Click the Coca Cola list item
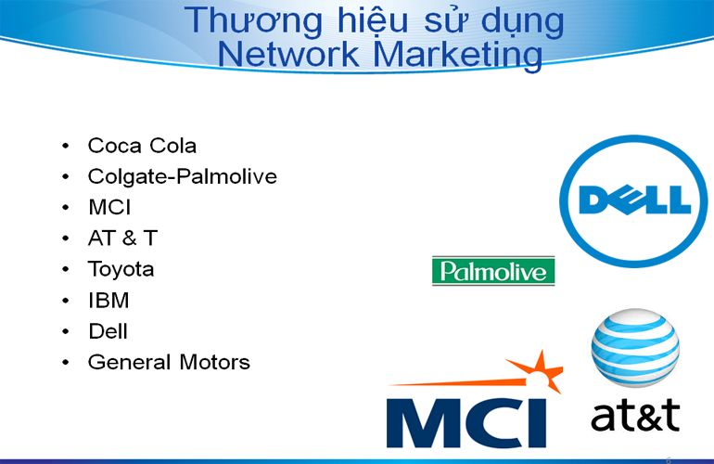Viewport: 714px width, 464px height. (x=142, y=146)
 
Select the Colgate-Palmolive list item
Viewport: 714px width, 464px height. (x=182, y=177)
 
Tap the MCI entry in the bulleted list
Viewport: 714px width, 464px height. (x=109, y=207)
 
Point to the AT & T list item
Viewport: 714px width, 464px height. (x=122, y=238)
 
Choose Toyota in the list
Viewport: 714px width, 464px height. (x=121, y=269)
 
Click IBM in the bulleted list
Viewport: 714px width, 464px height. (x=108, y=301)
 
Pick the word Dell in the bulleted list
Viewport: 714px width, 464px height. (x=108, y=331)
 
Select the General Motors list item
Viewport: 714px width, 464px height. (x=169, y=362)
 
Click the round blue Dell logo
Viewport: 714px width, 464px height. (x=633, y=200)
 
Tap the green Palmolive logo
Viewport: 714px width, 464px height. (x=493, y=271)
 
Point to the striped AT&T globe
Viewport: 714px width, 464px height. (x=635, y=348)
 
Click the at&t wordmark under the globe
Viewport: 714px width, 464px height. (x=635, y=415)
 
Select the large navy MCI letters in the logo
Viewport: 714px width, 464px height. (x=465, y=423)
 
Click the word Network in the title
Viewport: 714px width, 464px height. (x=288, y=54)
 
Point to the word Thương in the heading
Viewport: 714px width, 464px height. (x=254, y=21)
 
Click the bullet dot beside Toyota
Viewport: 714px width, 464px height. (x=66, y=269)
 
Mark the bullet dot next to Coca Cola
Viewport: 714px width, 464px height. (x=66, y=146)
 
